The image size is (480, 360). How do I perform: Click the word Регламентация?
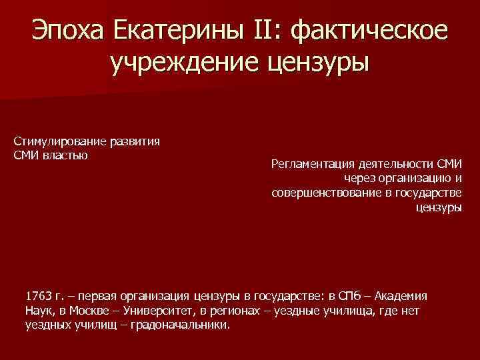pos(311,163)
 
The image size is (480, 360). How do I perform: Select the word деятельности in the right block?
pos(395,163)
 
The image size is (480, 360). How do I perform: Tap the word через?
pos(359,178)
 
